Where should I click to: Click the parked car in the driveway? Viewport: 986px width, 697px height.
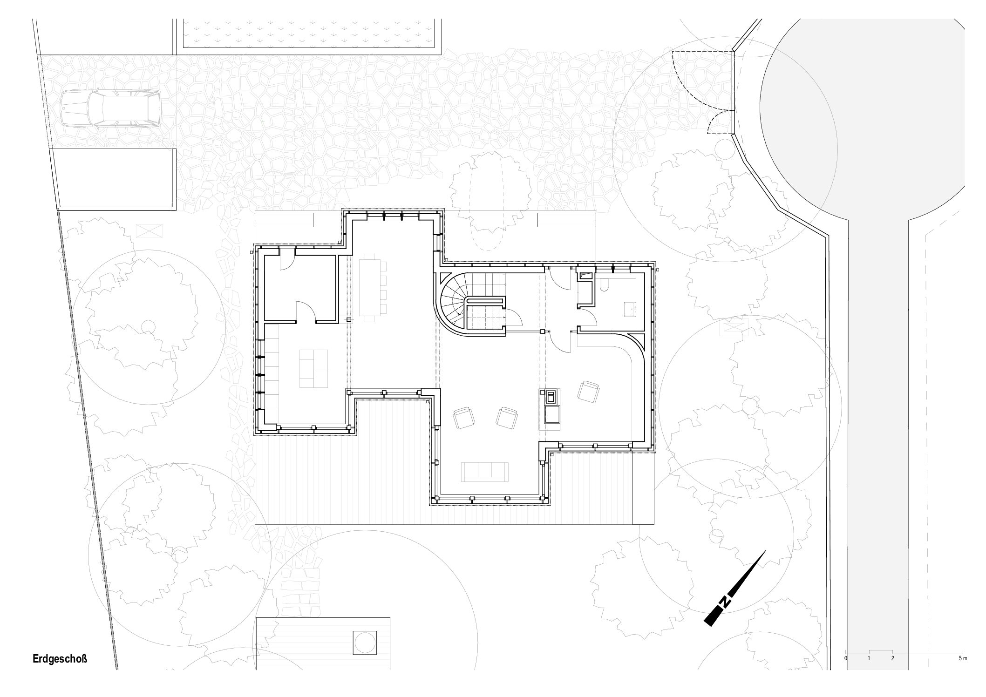click(x=110, y=108)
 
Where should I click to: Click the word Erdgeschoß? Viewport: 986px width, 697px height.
click(x=60, y=659)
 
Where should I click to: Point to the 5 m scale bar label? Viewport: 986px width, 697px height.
click(x=963, y=658)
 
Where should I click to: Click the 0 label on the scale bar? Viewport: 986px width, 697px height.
click(x=845, y=658)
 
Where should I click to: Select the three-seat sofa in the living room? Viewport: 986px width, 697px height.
click(x=484, y=472)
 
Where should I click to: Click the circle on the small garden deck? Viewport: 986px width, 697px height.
click(x=365, y=643)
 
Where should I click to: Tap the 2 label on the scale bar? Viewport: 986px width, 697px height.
click(x=892, y=658)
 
